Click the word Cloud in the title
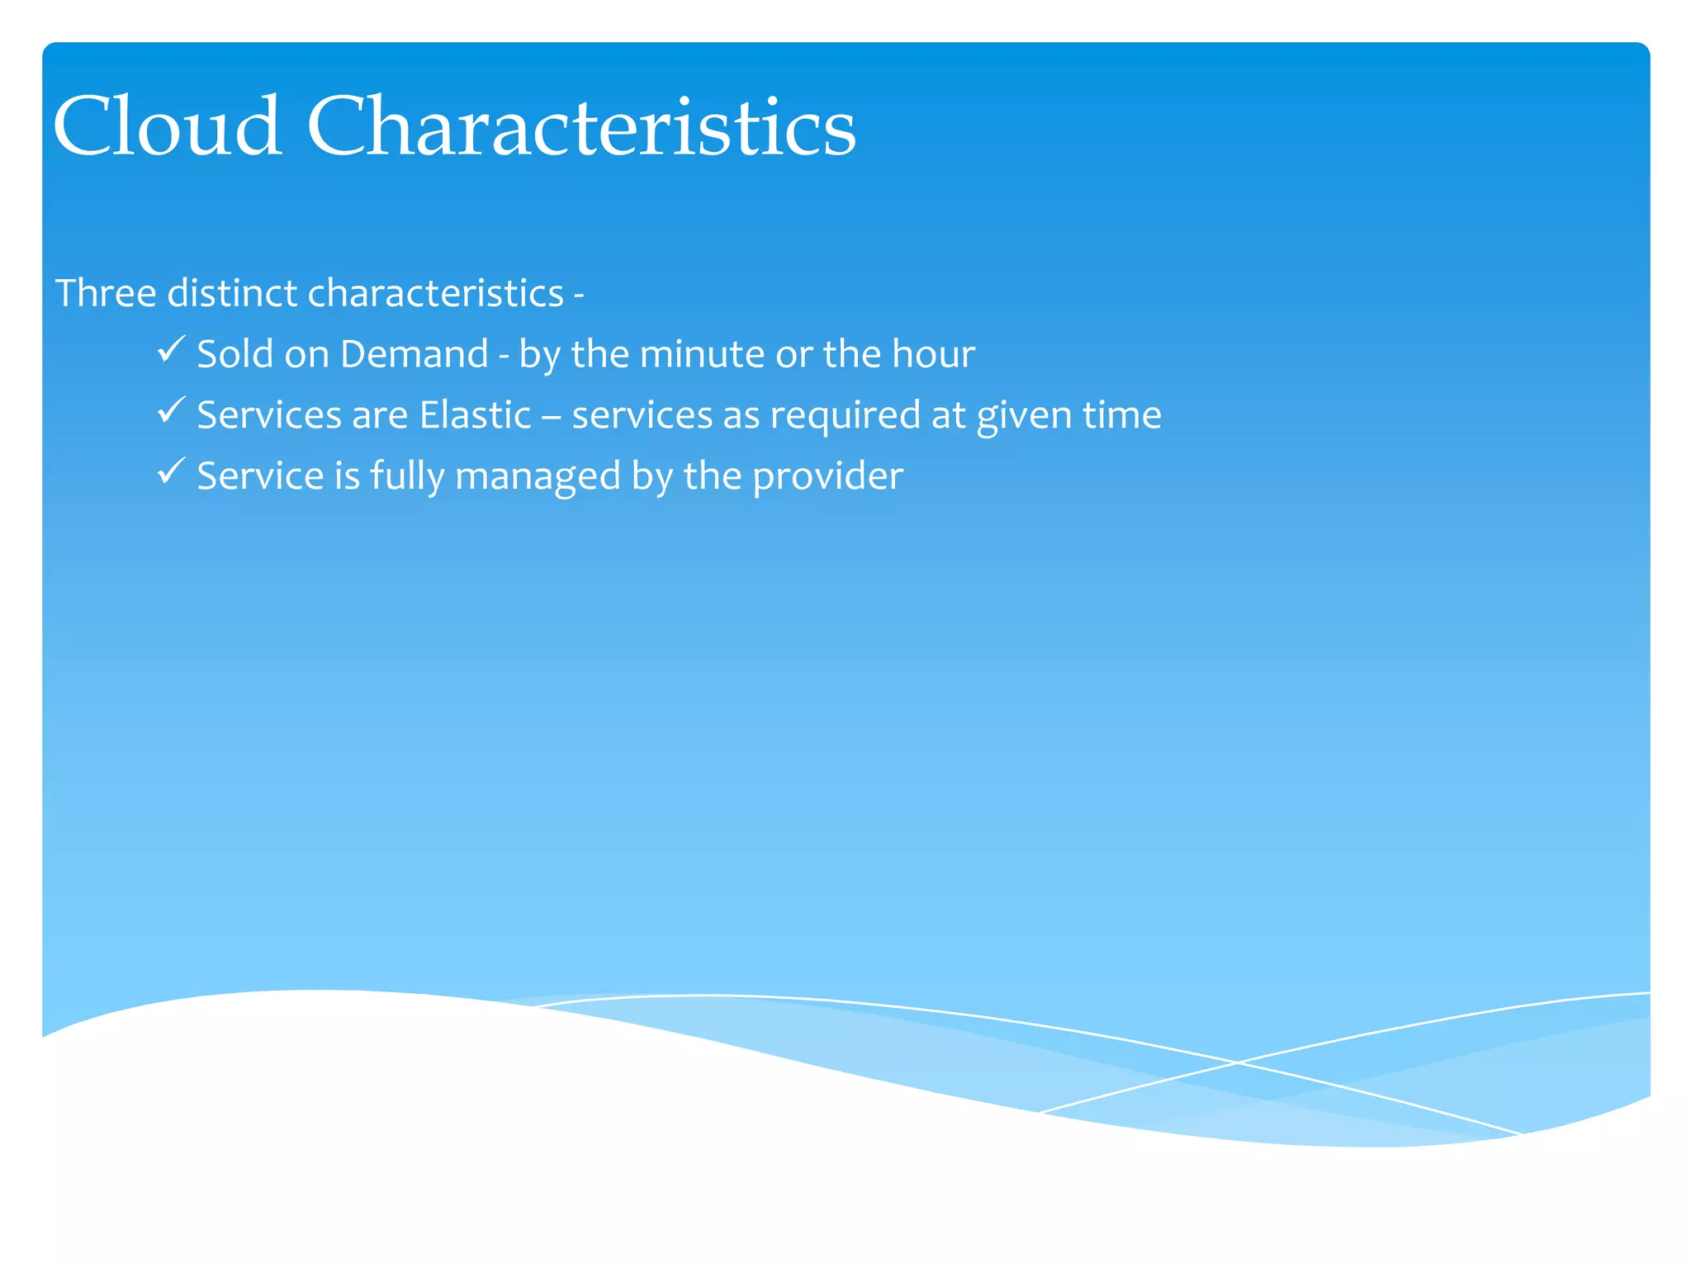click(x=168, y=126)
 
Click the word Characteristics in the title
click(x=581, y=126)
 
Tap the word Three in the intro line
click(x=105, y=293)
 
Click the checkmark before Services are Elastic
click(x=170, y=410)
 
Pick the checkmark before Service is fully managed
click(x=170, y=471)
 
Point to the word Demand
click(x=414, y=354)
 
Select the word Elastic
click(x=475, y=414)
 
